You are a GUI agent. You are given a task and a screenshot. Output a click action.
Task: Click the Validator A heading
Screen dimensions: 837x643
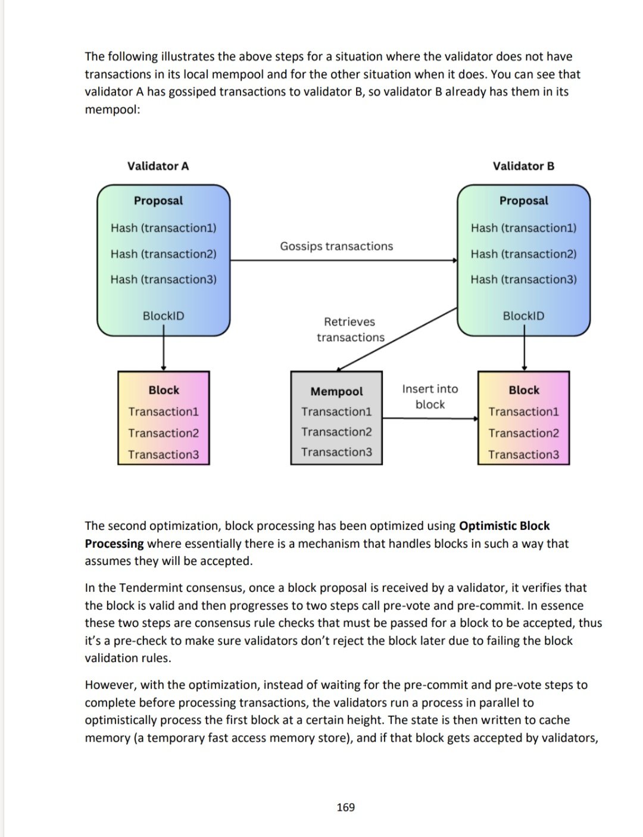point(158,166)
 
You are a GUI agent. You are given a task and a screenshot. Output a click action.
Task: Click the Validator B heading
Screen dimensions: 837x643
point(523,166)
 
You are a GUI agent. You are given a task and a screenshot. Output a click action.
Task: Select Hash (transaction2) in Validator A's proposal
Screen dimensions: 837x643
point(163,254)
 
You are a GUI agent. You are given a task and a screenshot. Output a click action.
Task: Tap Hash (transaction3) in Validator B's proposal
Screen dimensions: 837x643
point(523,279)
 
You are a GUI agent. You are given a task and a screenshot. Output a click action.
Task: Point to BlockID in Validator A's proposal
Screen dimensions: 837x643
point(163,316)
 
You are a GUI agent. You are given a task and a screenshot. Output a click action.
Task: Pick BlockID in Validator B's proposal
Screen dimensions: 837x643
point(523,316)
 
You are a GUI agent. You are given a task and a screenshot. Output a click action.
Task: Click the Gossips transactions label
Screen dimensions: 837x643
point(336,246)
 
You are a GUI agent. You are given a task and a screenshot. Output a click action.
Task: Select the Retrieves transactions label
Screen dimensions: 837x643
point(350,329)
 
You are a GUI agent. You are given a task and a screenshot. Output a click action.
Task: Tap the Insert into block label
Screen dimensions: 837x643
point(430,396)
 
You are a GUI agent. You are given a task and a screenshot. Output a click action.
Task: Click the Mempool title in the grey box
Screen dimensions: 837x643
point(336,392)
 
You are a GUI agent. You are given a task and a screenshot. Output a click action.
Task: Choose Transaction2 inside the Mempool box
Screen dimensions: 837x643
point(336,432)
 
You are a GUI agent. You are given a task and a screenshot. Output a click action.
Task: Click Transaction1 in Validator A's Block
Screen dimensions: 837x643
point(163,412)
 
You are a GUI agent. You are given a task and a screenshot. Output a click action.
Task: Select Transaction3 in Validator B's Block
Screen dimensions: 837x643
point(523,455)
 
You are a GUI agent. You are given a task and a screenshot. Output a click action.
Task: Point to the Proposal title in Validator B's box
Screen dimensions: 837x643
point(523,201)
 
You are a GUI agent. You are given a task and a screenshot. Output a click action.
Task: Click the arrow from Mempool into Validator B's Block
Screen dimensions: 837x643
point(430,418)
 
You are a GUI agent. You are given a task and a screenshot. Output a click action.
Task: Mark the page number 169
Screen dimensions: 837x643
point(345,807)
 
